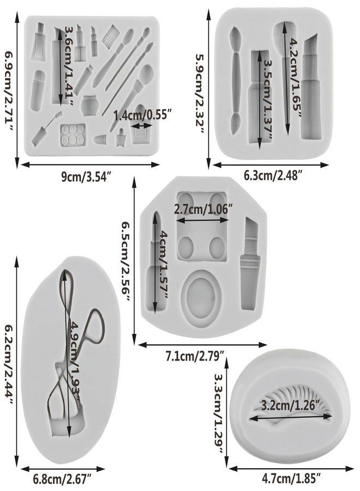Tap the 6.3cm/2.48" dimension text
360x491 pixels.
click(273, 175)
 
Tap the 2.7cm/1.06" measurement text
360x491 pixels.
click(203, 209)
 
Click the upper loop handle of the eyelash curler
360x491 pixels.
click(67, 289)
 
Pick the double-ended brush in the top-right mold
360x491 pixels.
click(236, 81)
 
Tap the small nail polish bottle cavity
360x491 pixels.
click(120, 138)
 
